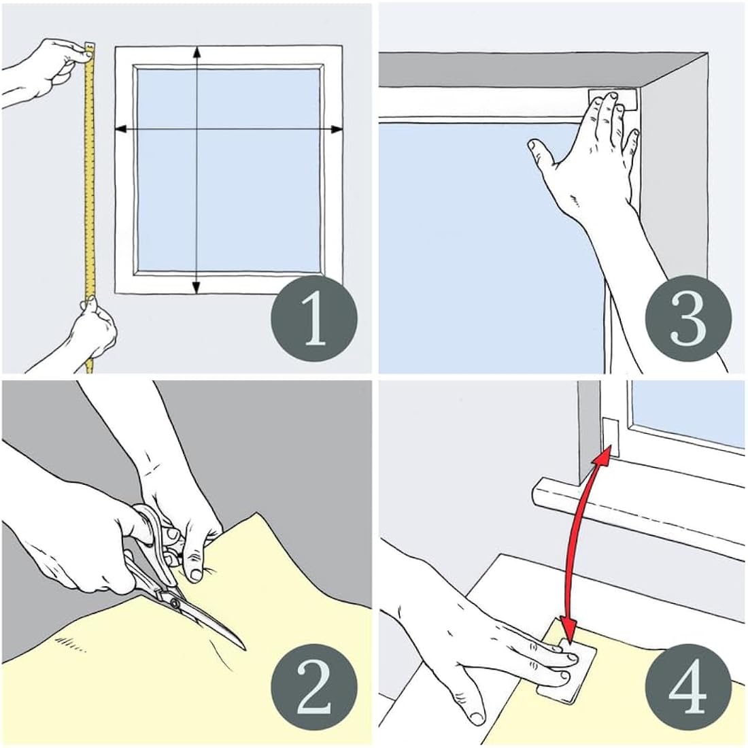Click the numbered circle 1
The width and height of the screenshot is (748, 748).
[314, 318]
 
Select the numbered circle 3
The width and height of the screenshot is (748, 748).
[687, 318]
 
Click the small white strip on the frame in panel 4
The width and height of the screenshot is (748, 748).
[609, 435]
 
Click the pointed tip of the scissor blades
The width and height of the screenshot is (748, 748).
[243, 646]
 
